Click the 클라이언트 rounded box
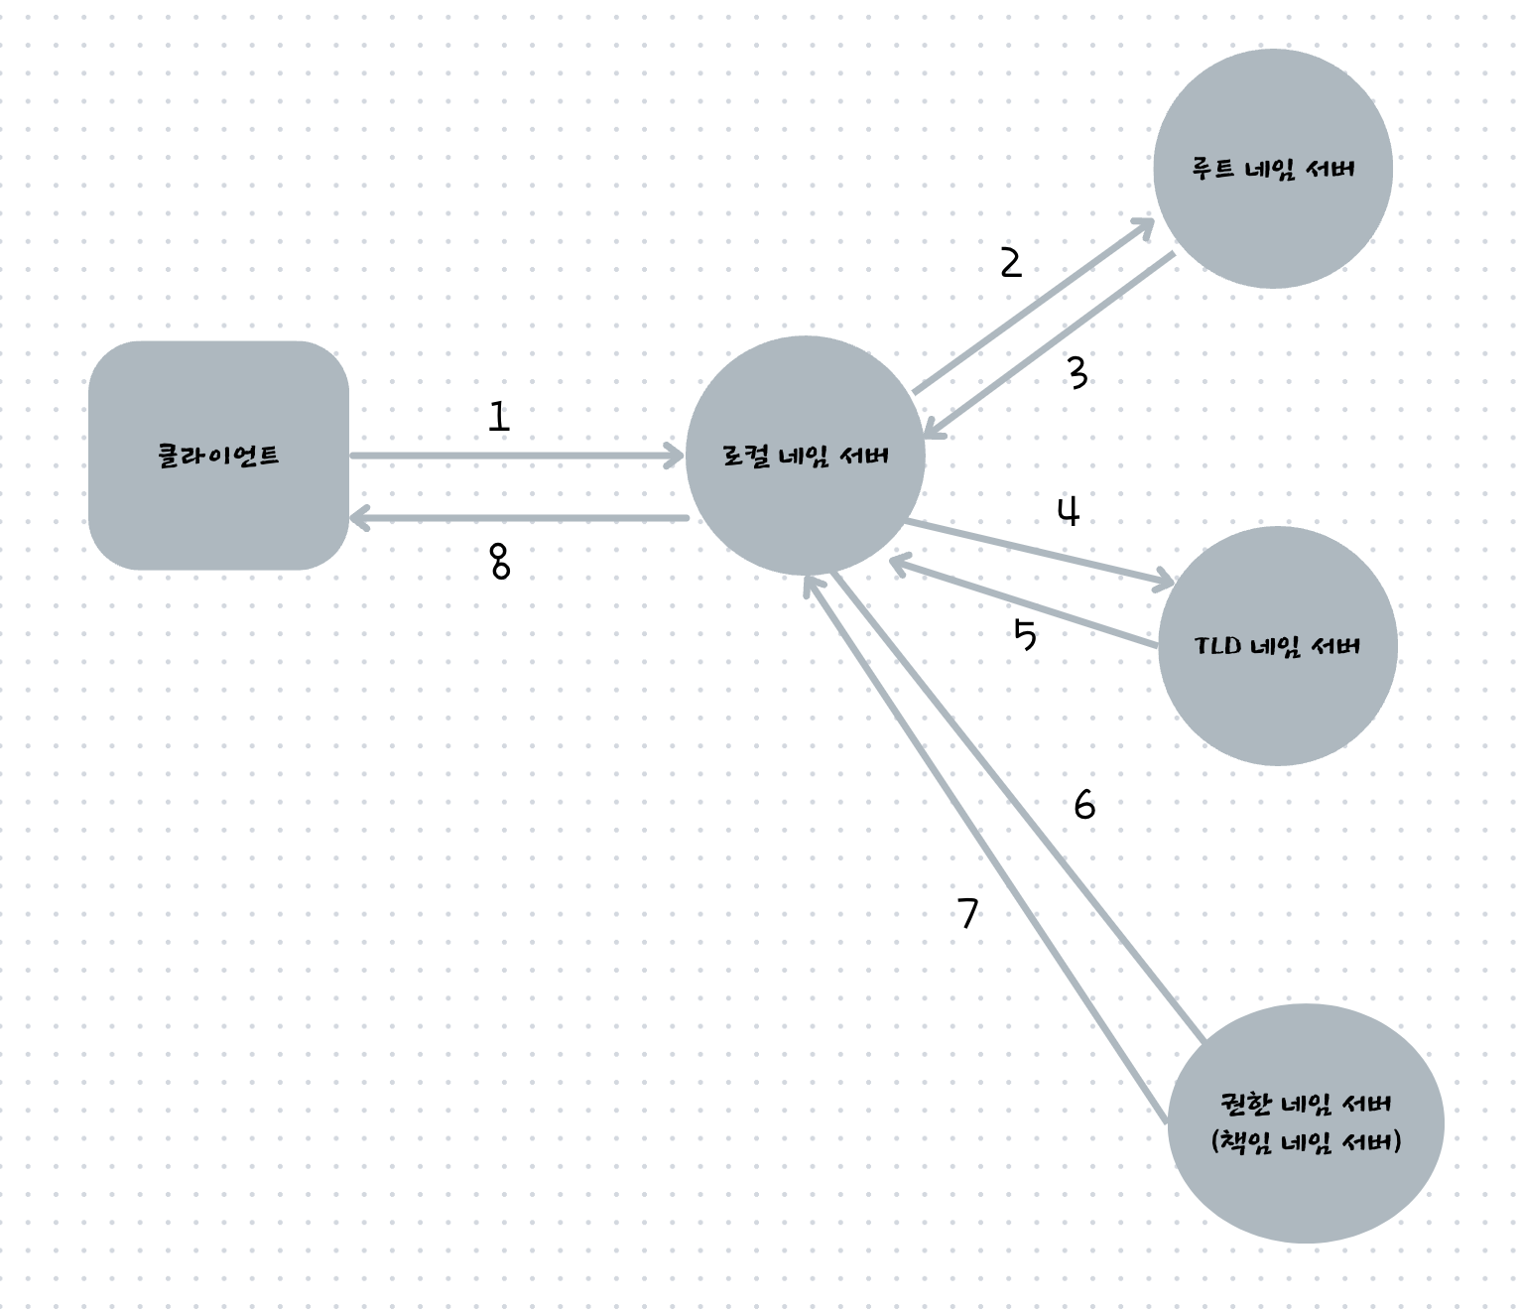218,456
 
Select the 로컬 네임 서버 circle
805,456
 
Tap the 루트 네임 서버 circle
1273,169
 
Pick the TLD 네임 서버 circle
1277,646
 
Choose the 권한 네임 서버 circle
1306,1122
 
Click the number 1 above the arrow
498,417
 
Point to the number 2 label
1010,263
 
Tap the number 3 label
1077,373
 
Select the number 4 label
1069,512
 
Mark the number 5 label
1025,634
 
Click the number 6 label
1084,805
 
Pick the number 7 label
968,913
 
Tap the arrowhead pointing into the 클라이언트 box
359,517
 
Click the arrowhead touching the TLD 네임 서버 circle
1163,582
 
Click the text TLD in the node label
1217,646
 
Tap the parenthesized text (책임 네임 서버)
1306,1142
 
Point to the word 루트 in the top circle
1212,169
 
